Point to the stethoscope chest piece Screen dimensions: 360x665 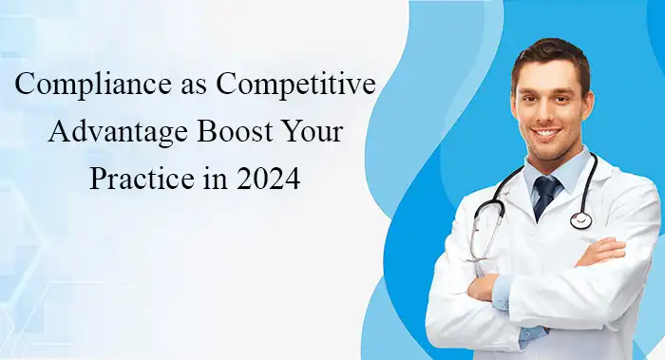(580, 219)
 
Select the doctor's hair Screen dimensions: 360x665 (551, 54)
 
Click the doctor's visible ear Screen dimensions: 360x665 (594, 104)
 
